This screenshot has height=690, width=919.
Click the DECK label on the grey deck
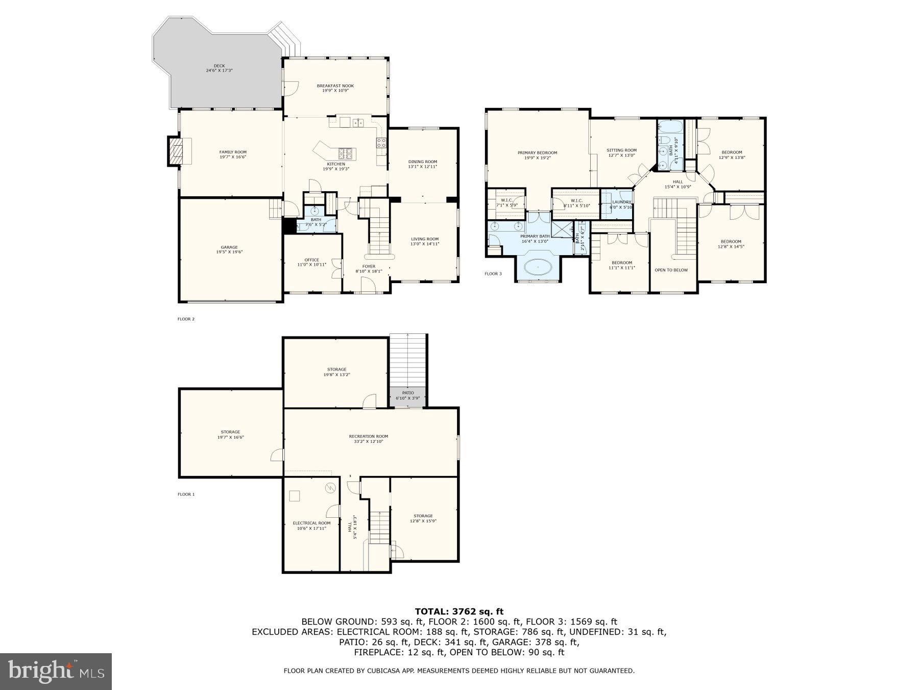[219, 66]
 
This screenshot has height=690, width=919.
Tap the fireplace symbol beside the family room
[175, 152]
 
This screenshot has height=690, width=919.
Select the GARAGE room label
[229, 247]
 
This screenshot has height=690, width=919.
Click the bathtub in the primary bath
[538, 266]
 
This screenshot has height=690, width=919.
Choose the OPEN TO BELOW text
[671, 270]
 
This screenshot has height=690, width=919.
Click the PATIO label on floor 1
[407, 393]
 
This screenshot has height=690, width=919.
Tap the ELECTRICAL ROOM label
[311, 523]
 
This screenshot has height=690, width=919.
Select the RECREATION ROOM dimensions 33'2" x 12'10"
[369, 441]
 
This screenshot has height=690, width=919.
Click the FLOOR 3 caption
[493, 274]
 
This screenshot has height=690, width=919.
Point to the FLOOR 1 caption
[186, 494]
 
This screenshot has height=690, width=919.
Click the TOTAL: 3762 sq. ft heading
[459, 611]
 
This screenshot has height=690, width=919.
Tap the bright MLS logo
[56, 672]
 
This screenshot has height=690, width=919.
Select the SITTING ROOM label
[621, 150]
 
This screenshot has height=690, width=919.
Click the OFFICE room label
[311, 260]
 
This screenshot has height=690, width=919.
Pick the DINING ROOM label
[423, 162]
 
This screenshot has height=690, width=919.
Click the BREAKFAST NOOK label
[335, 86]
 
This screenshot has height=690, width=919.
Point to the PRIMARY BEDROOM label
[537, 153]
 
